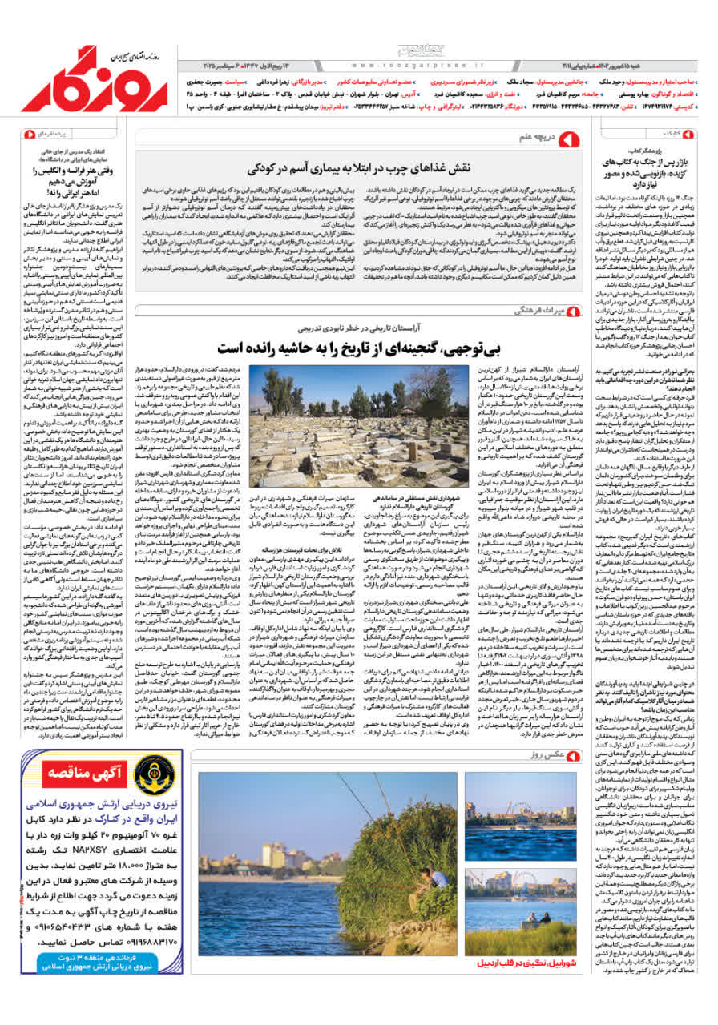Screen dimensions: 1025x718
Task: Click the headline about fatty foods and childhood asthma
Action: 377,168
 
